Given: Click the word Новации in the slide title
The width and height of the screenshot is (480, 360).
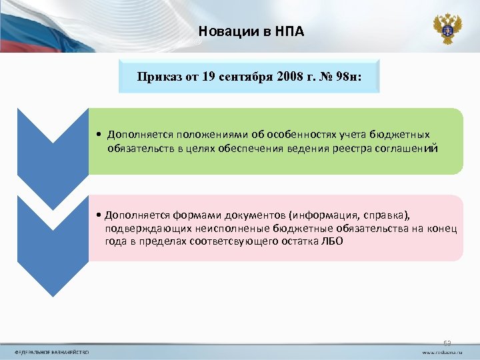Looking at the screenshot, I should point(222,31).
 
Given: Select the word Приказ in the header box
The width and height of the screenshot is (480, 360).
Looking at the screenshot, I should point(157,76).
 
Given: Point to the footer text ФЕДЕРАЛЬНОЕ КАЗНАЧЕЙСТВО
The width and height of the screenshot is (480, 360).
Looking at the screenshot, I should point(53,351).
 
